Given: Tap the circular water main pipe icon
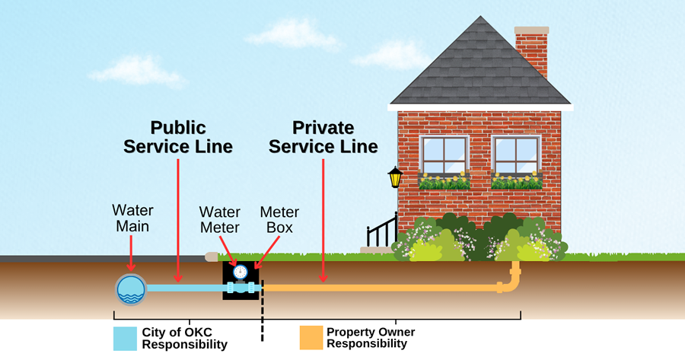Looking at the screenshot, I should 131,288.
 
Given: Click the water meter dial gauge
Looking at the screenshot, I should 241,272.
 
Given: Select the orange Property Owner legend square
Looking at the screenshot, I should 310,339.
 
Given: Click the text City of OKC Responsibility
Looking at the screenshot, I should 184,339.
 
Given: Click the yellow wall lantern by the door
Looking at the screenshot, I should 395,177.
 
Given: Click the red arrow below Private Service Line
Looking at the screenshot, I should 323,221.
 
